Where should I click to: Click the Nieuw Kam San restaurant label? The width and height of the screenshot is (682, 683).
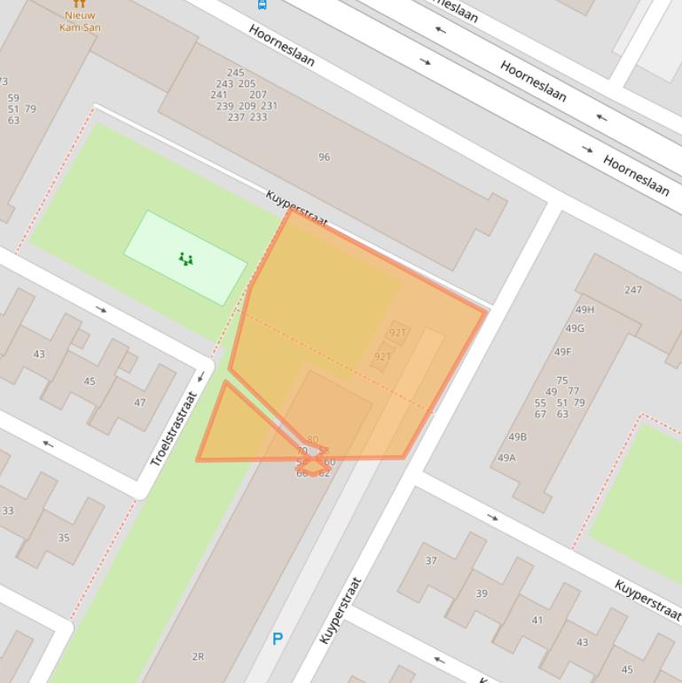click(80, 21)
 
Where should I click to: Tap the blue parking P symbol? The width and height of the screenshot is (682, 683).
click(278, 639)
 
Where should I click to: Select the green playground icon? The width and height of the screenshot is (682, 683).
click(185, 259)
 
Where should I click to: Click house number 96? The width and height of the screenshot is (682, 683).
click(324, 157)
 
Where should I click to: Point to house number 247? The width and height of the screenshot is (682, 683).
click(633, 290)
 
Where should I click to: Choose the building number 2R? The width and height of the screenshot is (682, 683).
click(198, 656)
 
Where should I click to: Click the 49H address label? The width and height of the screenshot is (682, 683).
click(585, 310)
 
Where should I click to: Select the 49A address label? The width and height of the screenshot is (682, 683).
click(506, 458)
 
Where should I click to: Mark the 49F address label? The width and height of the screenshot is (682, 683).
click(563, 351)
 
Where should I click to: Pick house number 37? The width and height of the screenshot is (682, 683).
click(431, 561)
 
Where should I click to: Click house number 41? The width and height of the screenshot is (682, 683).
click(537, 620)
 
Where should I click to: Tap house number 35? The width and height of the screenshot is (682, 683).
click(64, 538)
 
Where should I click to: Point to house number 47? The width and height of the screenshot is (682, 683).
click(139, 402)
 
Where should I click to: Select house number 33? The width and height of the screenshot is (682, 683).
click(8, 511)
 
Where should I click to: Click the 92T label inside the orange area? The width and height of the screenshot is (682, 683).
click(397, 334)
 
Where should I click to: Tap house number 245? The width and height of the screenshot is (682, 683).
click(235, 73)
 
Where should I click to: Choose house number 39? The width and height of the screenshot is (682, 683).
click(481, 593)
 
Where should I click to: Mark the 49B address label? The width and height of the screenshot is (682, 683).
click(517, 436)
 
